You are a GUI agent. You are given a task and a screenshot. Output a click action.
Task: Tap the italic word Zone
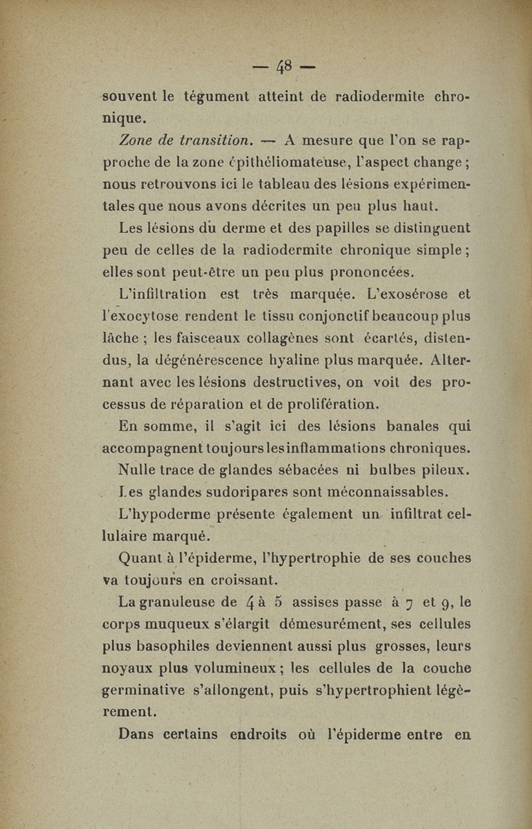click(136, 140)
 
